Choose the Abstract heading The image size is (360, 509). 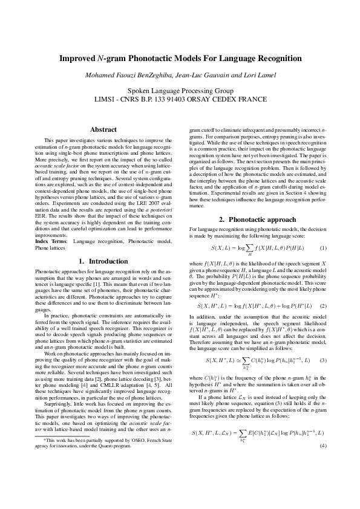103,129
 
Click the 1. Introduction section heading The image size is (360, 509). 103,261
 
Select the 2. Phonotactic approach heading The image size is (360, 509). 257,218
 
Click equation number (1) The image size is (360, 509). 323,248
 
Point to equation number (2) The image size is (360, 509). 323,289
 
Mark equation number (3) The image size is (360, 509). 323,343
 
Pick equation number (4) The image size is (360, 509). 323,412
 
